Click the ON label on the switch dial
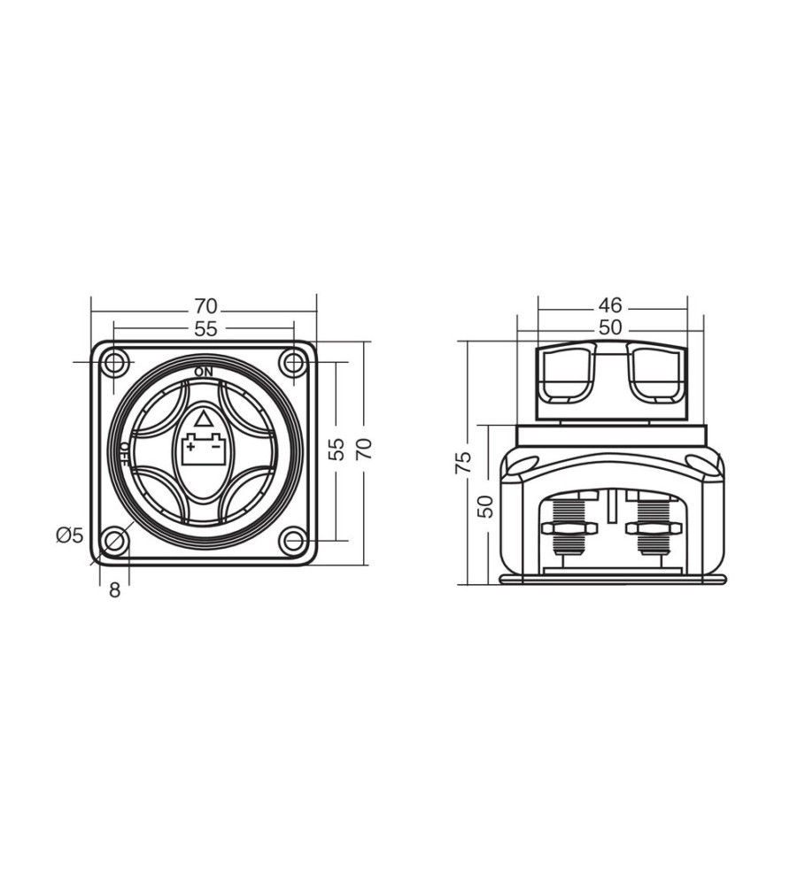tap(204, 372)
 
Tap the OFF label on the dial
tap(125, 454)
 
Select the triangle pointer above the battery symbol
tap(203, 419)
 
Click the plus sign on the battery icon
tap(191, 447)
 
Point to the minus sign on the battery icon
tap(215, 447)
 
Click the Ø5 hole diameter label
tap(69, 535)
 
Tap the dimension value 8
tap(114, 590)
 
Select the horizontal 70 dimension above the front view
tap(205, 306)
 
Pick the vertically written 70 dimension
tap(366, 449)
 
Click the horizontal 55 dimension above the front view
tap(205, 329)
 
